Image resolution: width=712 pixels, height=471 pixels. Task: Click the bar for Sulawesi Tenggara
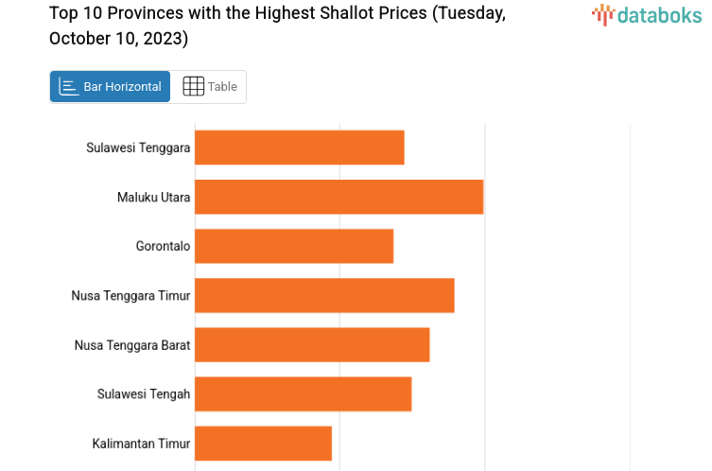tap(300, 148)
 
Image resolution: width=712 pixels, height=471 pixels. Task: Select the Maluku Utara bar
tap(339, 197)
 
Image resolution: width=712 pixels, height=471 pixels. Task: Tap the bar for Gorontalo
tap(294, 246)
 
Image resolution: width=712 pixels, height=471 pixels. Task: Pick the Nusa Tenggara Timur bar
tap(324, 295)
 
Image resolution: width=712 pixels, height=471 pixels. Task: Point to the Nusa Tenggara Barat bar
tap(312, 344)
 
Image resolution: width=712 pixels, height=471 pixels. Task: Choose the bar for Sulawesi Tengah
tap(303, 393)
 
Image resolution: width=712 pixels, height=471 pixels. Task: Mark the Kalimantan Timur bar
tap(263, 443)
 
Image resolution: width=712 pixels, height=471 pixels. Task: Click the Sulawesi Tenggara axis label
tap(138, 148)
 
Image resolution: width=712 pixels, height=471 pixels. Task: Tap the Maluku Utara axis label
tap(153, 198)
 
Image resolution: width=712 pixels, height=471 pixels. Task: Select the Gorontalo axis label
tap(163, 247)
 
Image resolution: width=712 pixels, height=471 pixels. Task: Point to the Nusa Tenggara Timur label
tap(130, 296)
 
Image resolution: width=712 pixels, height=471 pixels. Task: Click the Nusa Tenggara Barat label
tap(132, 345)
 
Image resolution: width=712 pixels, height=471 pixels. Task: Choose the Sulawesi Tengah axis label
tap(144, 394)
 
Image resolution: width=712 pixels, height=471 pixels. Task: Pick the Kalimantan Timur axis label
tap(141, 444)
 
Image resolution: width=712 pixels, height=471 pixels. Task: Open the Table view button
tap(209, 87)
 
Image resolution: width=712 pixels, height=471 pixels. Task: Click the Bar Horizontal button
tap(110, 87)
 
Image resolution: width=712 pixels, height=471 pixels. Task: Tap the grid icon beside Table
tap(193, 87)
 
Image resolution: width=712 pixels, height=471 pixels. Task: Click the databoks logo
tap(647, 14)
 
